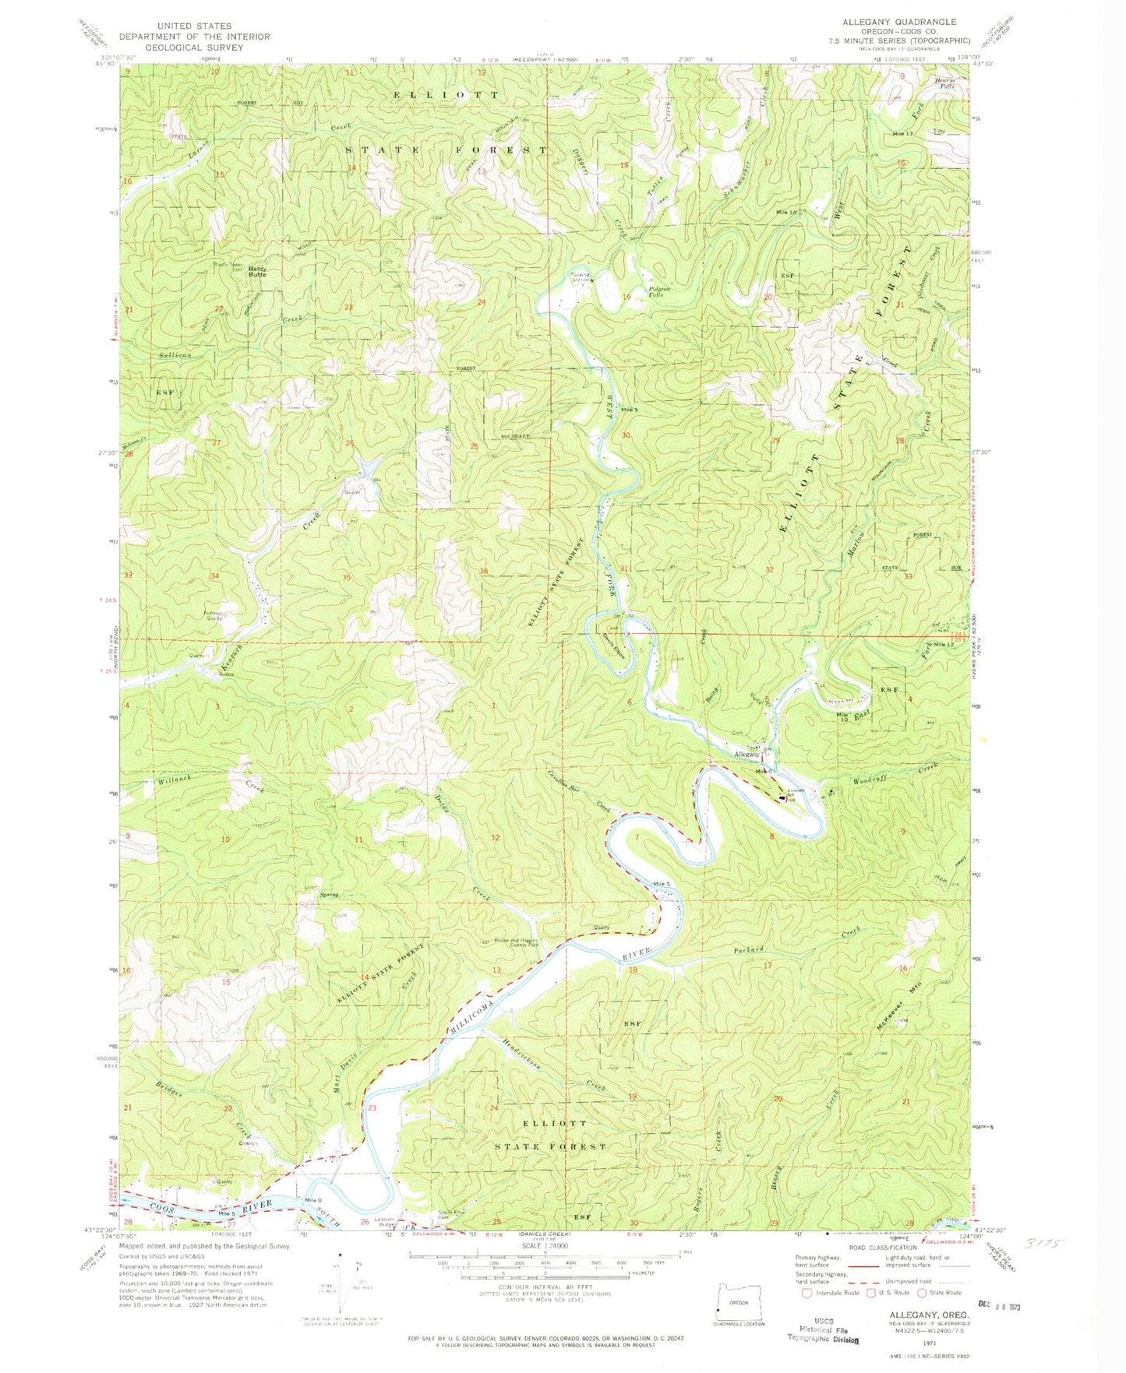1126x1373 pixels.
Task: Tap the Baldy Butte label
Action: (257, 272)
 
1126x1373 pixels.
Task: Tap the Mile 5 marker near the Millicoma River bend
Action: (662, 884)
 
